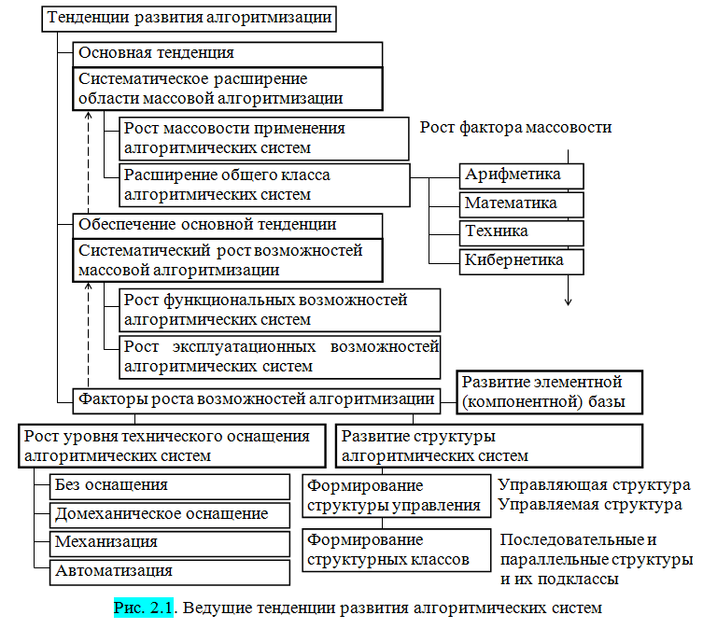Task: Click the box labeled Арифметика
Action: click(522, 175)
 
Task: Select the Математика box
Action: click(522, 203)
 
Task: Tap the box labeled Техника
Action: click(522, 231)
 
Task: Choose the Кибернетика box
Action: click(522, 260)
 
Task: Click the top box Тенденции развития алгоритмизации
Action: click(188, 19)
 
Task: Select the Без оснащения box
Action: click(170, 485)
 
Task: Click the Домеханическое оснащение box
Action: click(170, 514)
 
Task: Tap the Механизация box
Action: click(170, 542)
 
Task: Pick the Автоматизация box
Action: click(170, 571)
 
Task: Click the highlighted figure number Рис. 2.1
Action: click(144, 608)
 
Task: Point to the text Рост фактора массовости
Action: click(515, 128)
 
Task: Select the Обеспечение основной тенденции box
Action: click(228, 225)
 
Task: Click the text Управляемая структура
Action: click(589, 505)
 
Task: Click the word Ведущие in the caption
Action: click(217, 608)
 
